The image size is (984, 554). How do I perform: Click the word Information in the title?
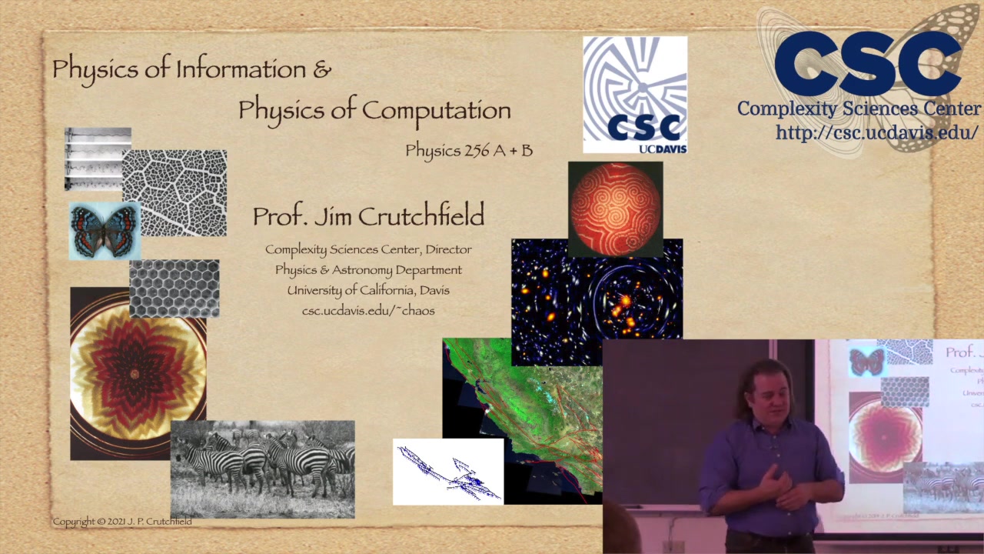(x=241, y=69)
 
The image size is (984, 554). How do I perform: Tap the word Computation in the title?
(x=437, y=111)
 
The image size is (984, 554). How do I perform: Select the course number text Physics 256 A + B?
(x=469, y=150)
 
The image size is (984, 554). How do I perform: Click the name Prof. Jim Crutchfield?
(x=368, y=216)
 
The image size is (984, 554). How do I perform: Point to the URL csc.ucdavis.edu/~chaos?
(x=368, y=311)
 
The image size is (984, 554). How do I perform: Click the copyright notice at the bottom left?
(x=122, y=522)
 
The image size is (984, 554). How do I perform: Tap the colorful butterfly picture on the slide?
(x=105, y=230)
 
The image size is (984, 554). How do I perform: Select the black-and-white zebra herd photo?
(x=262, y=469)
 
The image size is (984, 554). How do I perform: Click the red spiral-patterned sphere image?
(x=615, y=208)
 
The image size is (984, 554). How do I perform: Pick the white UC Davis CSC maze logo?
(x=635, y=94)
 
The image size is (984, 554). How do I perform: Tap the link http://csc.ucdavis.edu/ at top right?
(x=876, y=132)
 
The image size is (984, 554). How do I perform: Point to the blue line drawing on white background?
(x=448, y=472)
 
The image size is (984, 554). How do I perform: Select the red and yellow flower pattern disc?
(x=135, y=373)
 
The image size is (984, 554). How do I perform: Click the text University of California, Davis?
(x=368, y=290)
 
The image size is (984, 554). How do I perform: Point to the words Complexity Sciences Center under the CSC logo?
(x=859, y=108)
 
